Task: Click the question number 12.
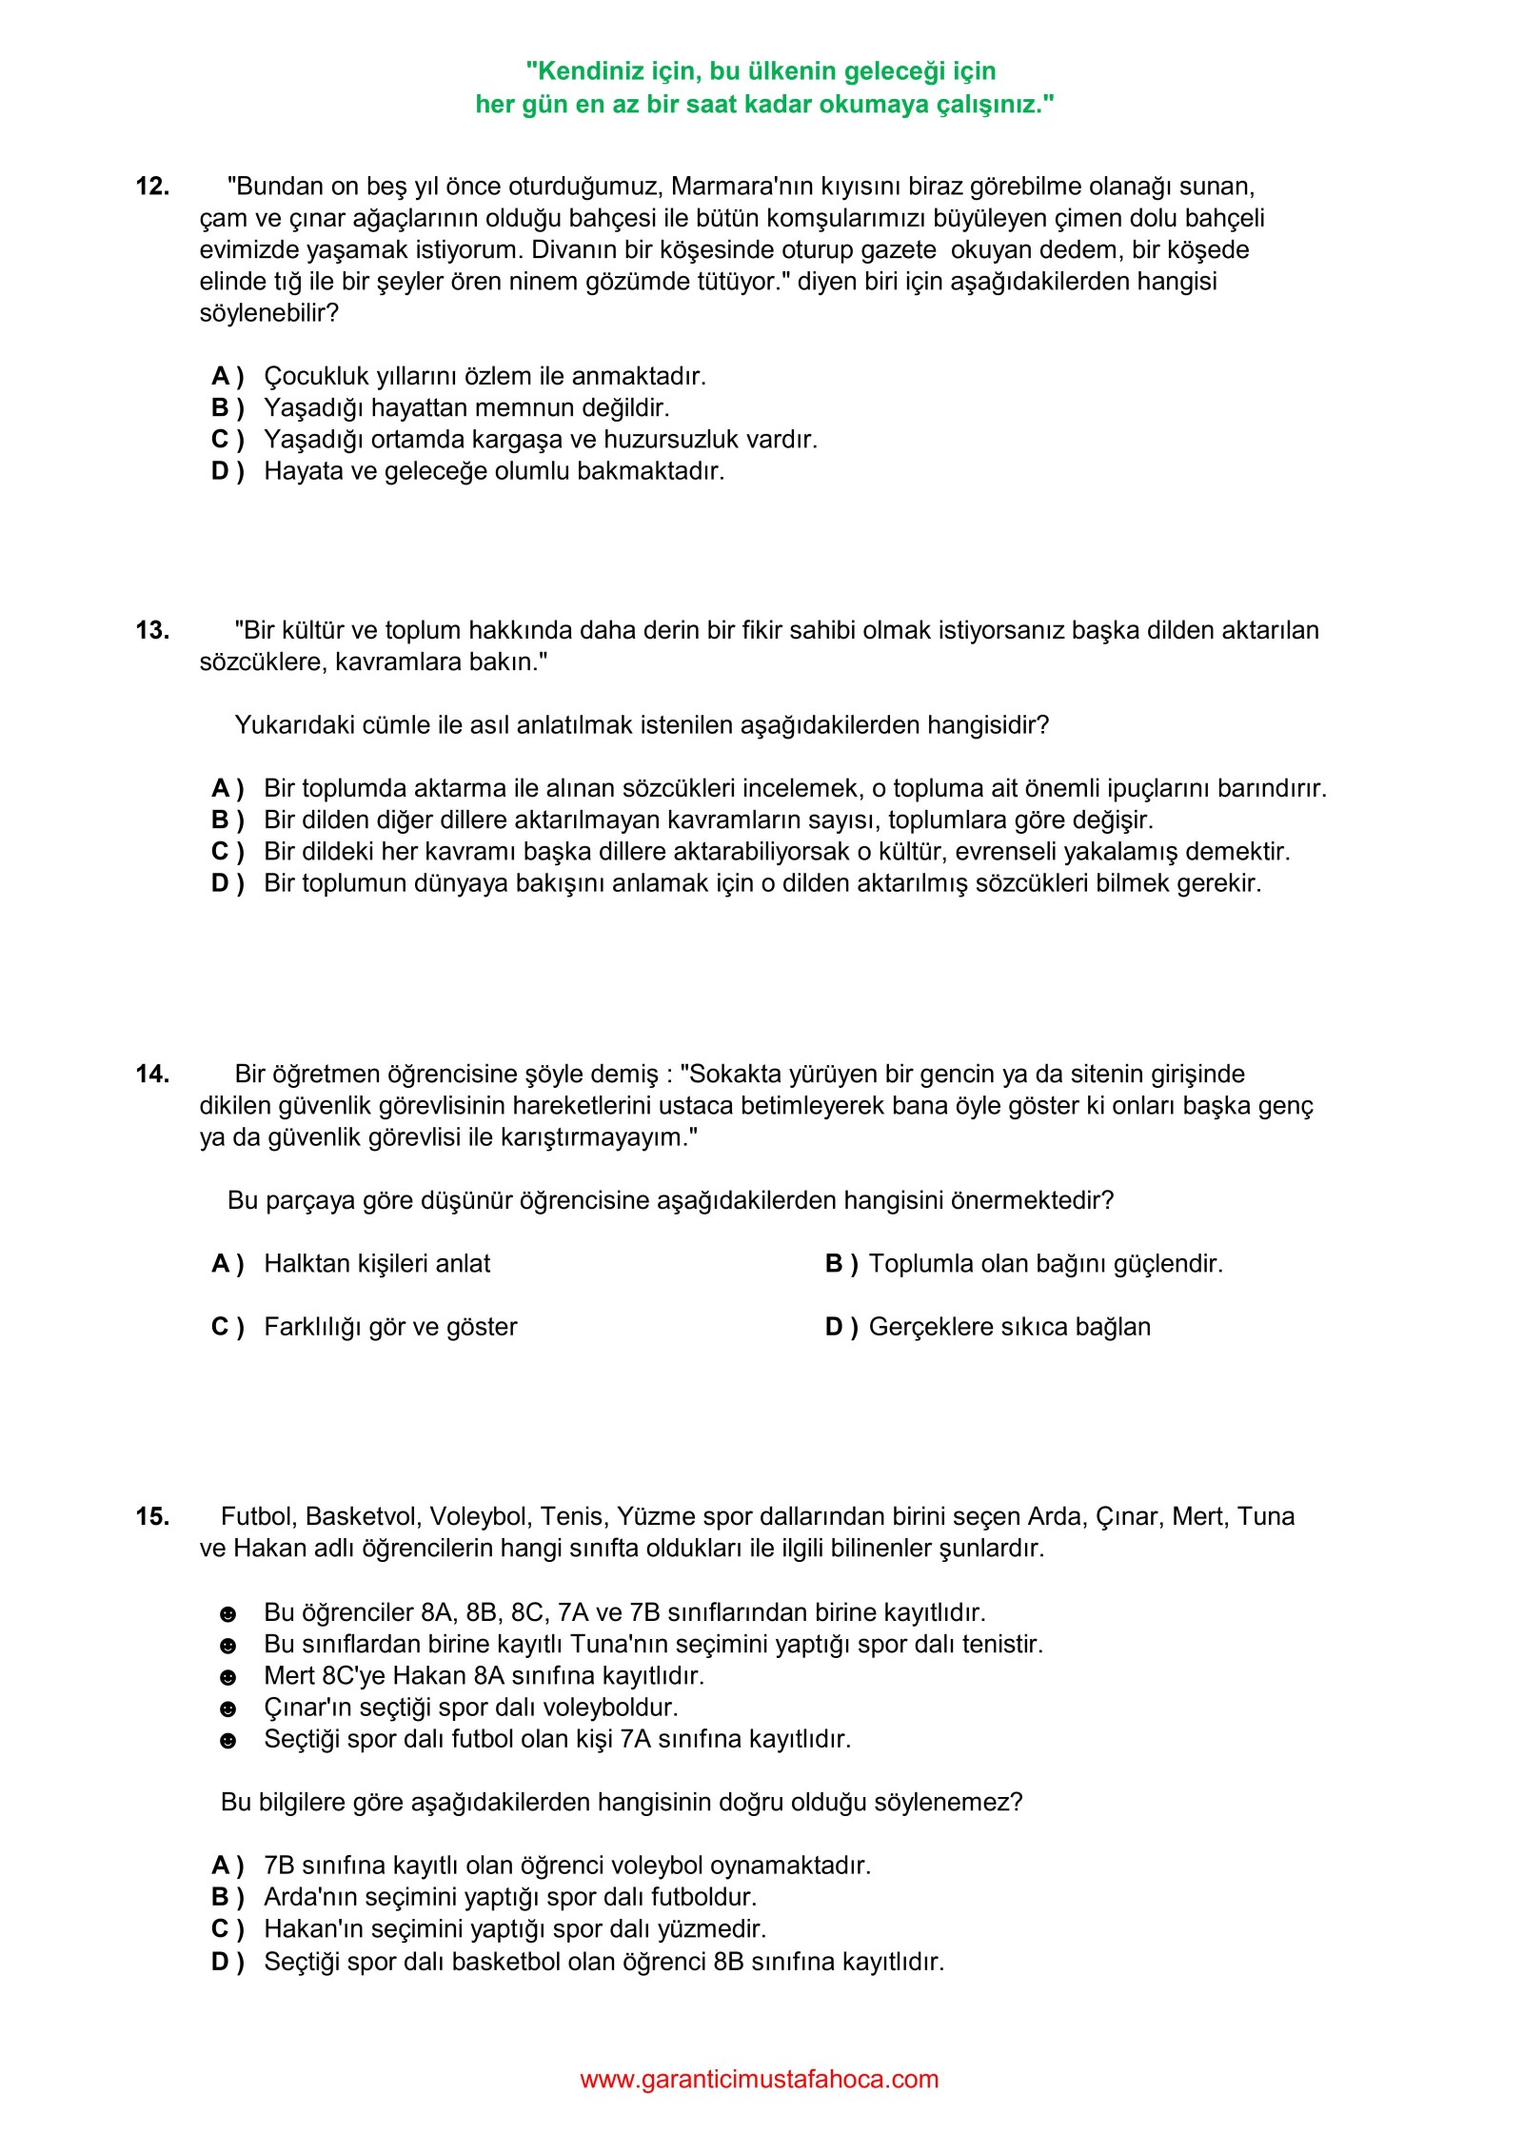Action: (x=152, y=187)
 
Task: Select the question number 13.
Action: (x=152, y=630)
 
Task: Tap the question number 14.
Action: (x=152, y=1074)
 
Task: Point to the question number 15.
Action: (x=152, y=1516)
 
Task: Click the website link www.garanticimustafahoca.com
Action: (x=759, y=2079)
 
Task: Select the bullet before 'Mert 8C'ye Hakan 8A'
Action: (x=227, y=1677)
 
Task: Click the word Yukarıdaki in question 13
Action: (x=291, y=725)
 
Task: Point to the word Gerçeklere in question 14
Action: (x=928, y=1327)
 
